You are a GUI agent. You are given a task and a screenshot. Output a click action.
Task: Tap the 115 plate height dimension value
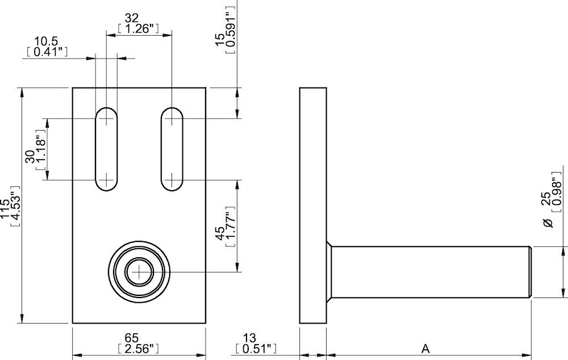click(5, 208)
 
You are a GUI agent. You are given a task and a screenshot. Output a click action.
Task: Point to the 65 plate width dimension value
click(139, 338)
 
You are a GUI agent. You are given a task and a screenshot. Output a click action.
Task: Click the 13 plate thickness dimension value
click(255, 338)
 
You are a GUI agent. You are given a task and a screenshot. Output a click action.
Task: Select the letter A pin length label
click(425, 348)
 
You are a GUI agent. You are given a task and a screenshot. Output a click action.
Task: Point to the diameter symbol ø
click(548, 223)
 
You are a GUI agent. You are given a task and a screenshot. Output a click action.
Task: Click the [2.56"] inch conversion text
click(139, 348)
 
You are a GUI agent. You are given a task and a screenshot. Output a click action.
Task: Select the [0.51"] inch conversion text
click(255, 348)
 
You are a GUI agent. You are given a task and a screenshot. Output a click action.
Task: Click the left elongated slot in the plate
click(106, 149)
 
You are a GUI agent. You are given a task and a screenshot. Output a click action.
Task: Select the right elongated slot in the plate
click(172, 149)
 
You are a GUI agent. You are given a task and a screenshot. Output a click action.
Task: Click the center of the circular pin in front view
click(139, 272)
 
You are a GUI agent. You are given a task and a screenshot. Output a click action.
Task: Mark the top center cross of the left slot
click(106, 118)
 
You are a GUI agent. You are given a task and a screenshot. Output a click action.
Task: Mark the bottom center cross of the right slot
click(172, 180)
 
